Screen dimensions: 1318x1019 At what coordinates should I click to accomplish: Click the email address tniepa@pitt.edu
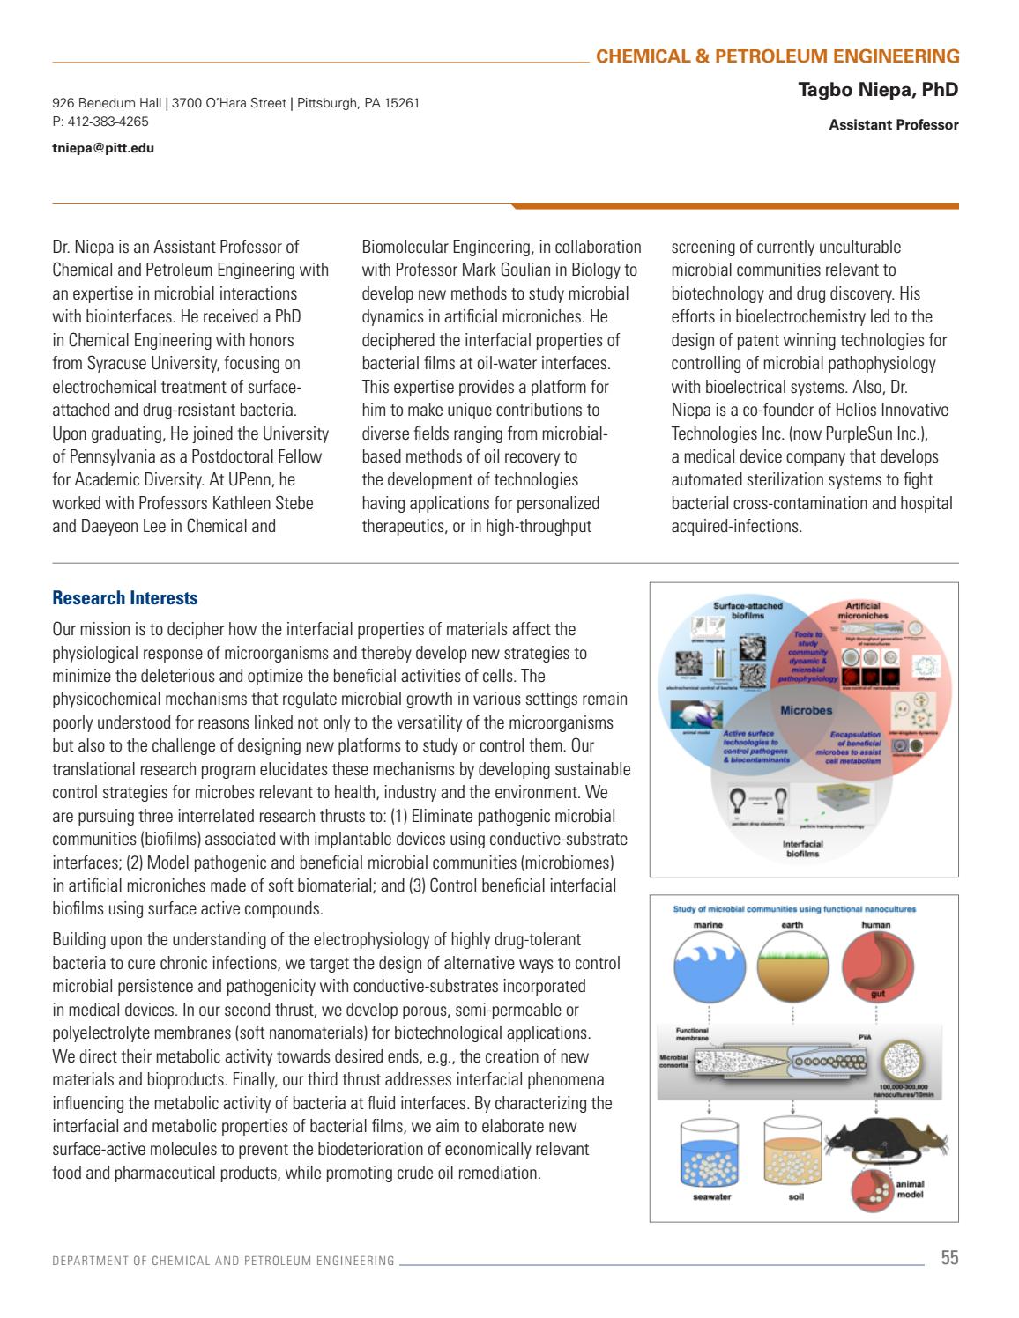click(x=103, y=148)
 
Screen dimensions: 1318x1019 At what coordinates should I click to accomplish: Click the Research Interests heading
click(x=125, y=599)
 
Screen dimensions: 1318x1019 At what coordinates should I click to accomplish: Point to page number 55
click(x=948, y=1258)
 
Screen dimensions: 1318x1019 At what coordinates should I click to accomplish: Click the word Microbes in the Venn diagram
click(x=806, y=709)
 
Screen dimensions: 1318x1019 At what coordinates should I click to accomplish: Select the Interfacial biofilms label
click(x=803, y=848)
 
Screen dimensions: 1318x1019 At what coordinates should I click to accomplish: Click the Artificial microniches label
click(x=867, y=610)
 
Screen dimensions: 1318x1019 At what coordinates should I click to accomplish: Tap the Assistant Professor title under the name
click(x=893, y=125)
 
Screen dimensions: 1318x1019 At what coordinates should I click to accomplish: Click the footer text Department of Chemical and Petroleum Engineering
click(x=223, y=1261)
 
